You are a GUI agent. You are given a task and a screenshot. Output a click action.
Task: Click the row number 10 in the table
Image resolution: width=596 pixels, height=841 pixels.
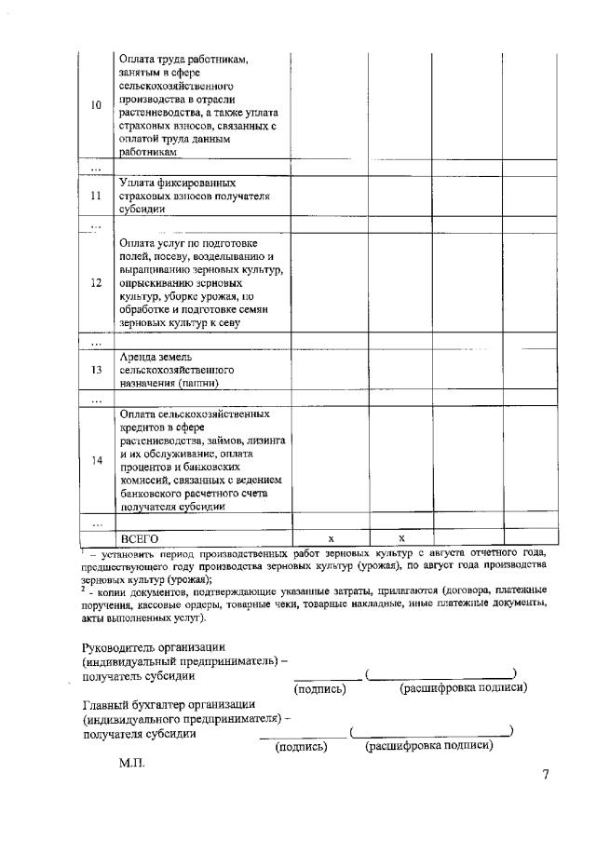[x=96, y=104]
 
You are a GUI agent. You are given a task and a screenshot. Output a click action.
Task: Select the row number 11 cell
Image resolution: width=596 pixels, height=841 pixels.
[x=96, y=197]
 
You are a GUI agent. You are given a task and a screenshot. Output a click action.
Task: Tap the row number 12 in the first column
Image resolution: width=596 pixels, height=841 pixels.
[x=96, y=283]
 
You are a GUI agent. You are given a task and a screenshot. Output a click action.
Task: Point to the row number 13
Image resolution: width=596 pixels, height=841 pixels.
[x=96, y=370]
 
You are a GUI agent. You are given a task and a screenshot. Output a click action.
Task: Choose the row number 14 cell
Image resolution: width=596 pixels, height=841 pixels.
[x=96, y=460]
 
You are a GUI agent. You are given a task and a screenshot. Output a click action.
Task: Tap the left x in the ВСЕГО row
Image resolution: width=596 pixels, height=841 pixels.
[x=330, y=538]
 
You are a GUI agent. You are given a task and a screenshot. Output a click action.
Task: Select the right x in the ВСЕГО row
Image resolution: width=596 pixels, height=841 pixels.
[x=401, y=538]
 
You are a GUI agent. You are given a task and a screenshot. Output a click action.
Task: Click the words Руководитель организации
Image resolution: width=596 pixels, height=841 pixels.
[x=154, y=647]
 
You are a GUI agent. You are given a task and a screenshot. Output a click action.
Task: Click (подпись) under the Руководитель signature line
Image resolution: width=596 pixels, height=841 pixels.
[x=320, y=689]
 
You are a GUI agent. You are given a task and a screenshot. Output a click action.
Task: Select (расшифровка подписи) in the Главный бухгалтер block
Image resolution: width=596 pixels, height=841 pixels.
[x=429, y=746]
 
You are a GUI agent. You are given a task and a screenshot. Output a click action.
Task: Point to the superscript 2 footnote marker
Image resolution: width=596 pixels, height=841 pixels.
[x=84, y=587]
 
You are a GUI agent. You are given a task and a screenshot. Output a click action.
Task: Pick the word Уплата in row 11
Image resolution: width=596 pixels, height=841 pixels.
[x=139, y=183]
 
